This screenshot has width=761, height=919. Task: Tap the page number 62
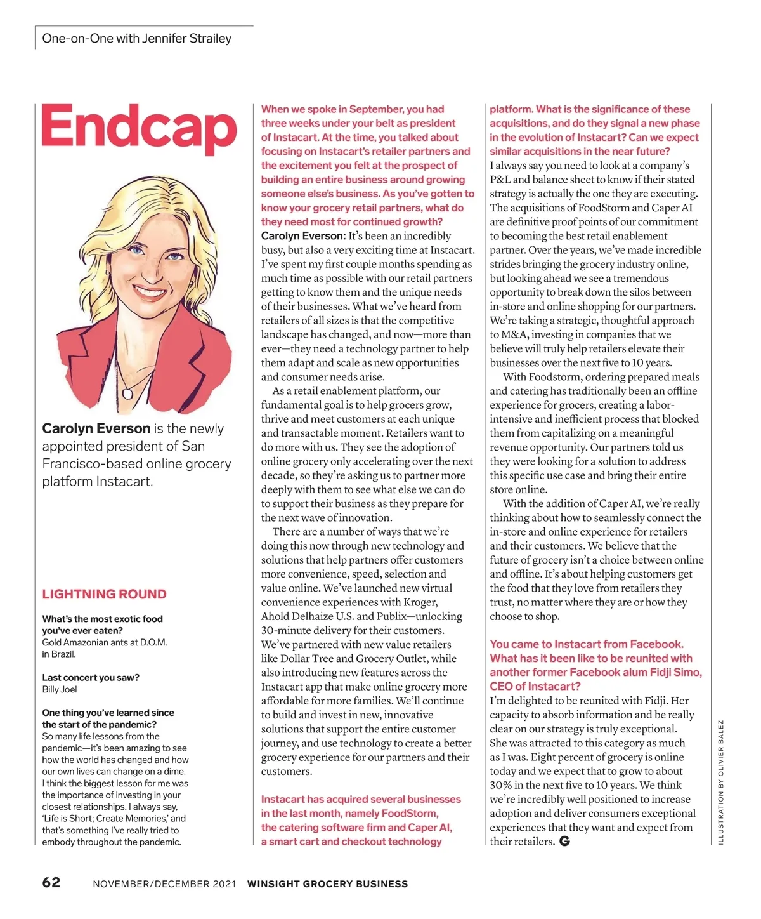(51, 882)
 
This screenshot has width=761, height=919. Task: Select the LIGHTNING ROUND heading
(104, 594)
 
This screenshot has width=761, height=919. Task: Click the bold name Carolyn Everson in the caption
(96, 428)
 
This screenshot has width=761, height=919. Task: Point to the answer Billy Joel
(60, 689)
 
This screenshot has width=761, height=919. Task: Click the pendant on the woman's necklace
(127, 394)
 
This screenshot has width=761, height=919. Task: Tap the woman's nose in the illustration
(149, 270)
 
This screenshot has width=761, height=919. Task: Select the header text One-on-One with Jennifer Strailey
(136, 38)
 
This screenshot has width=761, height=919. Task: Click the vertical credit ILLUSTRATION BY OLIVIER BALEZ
(720, 781)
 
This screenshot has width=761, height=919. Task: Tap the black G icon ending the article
(564, 842)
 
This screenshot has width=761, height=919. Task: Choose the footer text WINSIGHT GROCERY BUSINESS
(327, 883)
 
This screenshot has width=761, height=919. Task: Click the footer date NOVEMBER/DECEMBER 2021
(164, 883)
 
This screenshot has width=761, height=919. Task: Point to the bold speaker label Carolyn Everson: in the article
(303, 236)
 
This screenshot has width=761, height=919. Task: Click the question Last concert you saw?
(91, 677)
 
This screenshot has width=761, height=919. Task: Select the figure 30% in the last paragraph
(501, 785)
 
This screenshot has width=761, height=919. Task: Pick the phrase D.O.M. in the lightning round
(153, 642)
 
